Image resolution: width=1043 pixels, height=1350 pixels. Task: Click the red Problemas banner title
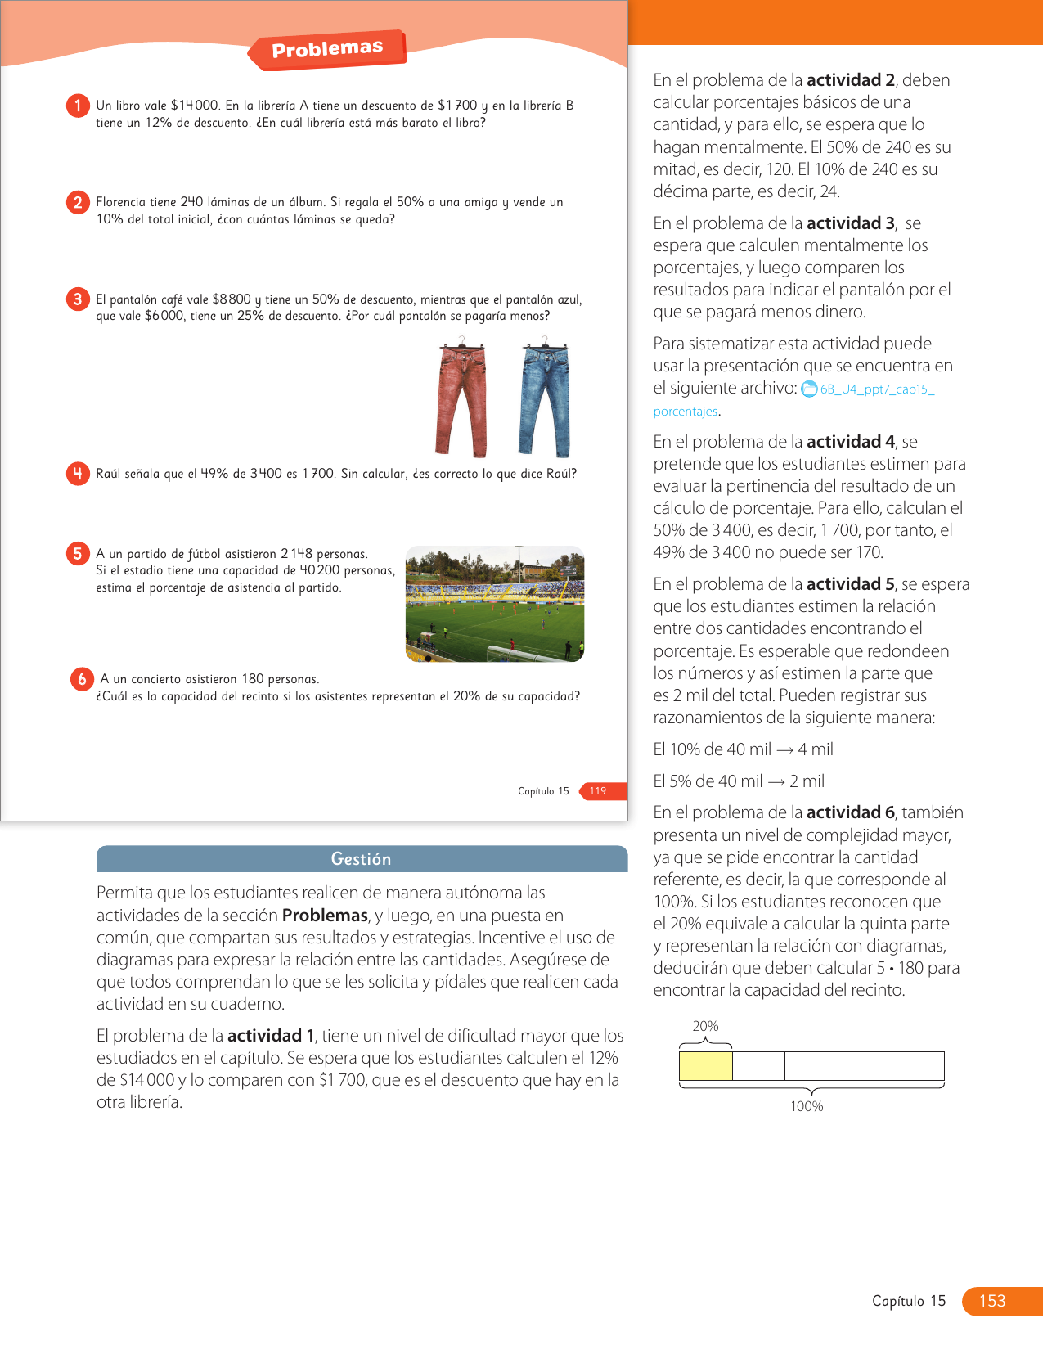tap(327, 49)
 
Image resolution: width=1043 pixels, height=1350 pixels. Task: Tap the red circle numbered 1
tap(78, 106)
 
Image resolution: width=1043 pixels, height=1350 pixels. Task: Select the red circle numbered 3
tap(78, 299)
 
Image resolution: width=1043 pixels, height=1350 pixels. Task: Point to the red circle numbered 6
tap(82, 679)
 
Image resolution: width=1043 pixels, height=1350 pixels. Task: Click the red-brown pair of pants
tap(462, 398)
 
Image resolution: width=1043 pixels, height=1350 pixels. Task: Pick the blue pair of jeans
tap(544, 398)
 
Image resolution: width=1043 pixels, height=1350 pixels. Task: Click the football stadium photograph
tap(495, 604)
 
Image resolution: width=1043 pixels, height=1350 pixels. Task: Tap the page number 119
tap(599, 791)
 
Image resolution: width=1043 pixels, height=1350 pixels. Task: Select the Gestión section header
tap(362, 859)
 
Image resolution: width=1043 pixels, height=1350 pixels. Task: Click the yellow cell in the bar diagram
tap(706, 1066)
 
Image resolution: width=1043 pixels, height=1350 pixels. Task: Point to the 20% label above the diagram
tap(705, 1026)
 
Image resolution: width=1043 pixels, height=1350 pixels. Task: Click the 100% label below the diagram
tap(807, 1106)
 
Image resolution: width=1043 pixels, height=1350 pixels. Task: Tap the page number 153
tap(992, 1301)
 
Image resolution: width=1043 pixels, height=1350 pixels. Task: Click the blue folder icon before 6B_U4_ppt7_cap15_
tap(809, 389)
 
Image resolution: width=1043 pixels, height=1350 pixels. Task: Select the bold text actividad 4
tap(851, 442)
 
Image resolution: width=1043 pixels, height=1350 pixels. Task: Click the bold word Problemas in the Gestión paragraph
tap(325, 916)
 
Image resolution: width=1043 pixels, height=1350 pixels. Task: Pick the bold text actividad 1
tap(271, 1036)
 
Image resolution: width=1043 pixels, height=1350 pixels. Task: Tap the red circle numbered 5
tap(78, 554)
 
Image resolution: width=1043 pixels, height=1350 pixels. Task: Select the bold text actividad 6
tap(851, 812)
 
